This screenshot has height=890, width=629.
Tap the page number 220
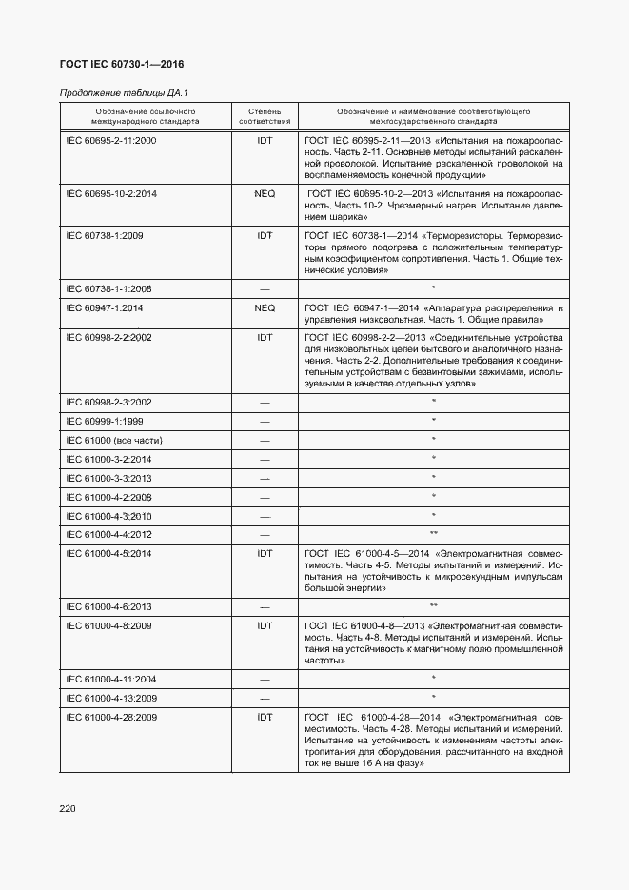pos(67,808)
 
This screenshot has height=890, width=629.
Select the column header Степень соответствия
pos(265,116)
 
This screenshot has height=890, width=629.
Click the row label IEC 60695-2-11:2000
pos(111,140)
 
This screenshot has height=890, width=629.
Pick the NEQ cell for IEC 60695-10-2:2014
pos(265,193)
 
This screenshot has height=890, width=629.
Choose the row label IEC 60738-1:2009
pos(105,235)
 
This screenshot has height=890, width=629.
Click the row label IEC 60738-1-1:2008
pos(108,288)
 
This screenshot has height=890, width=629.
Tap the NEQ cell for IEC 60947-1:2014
pos(265,308)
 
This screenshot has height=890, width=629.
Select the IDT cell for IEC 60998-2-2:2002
pos(265,337)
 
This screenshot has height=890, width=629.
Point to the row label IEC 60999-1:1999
pos(105,421)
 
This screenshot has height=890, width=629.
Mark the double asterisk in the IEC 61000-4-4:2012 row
pos(433,534)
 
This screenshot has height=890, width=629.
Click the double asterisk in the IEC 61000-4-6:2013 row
pos(433,606)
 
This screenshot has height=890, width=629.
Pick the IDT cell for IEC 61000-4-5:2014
pos(265,553)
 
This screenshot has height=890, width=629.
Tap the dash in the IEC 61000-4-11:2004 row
pos(265,679)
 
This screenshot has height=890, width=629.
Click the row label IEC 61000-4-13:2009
pos(111,698)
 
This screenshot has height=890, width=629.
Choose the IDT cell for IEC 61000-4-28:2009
pos(265,717)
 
